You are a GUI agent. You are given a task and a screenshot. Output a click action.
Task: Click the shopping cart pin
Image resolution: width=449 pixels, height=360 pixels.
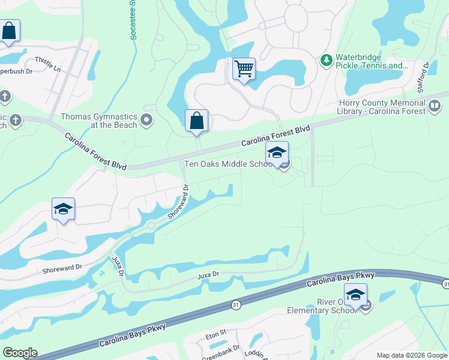point(244,69)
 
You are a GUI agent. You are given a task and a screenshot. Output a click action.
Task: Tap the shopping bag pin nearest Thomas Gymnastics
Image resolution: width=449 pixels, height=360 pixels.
point(196,121)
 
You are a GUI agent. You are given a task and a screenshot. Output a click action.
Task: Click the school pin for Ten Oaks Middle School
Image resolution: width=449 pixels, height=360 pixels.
point(277,152)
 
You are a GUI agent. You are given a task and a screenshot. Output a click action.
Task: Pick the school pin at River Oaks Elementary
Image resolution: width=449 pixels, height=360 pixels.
point(355,295)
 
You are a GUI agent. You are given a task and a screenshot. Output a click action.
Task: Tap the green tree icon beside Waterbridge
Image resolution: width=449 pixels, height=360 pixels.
point(326,60)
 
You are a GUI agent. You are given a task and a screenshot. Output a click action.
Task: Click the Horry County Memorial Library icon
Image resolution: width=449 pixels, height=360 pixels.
point(434,107)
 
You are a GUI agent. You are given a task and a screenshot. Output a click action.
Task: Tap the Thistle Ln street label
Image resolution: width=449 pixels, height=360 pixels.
point(48,64)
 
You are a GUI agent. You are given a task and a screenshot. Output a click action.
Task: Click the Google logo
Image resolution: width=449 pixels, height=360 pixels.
point(19,353)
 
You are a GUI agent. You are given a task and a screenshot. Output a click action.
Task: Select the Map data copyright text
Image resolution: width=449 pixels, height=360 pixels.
point(412,355)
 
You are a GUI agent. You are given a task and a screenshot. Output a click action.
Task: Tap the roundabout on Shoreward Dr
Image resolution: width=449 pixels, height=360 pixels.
point(151,226)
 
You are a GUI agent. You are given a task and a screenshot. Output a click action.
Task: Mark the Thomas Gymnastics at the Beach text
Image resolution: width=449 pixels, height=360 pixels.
point(99,121)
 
